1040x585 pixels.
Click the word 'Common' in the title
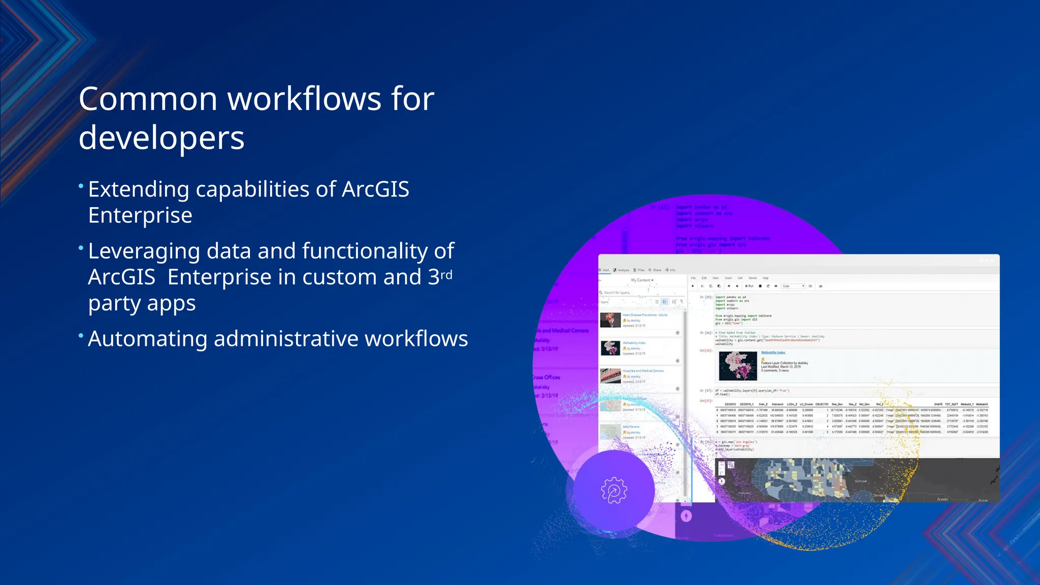tap(147, 99)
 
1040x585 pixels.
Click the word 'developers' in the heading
tap(161, 138)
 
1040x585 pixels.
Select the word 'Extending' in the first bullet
tap(139, 189)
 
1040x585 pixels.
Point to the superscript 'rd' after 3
tap(446, 275)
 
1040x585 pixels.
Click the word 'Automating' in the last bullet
tap(147, 339)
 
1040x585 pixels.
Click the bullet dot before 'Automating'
tap(81, 336)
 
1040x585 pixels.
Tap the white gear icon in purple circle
tap(613, 491)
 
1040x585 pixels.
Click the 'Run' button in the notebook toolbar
tap(750, 286)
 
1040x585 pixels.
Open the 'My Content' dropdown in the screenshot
tap(642, 280)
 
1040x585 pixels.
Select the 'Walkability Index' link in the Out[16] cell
tap(773, 352)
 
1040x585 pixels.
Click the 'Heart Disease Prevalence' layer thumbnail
tap(610, 320)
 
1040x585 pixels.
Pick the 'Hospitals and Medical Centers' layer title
tap(643, 371)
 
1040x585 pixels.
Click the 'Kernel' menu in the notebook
tap(753, 278)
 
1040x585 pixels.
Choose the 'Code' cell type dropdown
tap(793, 286)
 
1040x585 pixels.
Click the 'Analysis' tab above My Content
tap(621, 270)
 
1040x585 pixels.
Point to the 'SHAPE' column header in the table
tap(938, 404)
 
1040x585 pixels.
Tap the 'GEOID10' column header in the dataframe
tap(730, 404)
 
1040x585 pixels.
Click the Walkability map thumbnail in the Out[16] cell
tap(738, 365)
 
